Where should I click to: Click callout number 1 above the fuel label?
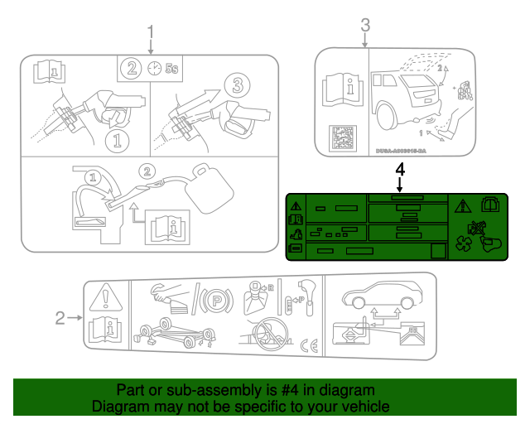click(x=151, y=32)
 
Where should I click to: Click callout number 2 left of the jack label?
click(x=60, y=317)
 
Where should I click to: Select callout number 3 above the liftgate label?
click(x=365, y=26)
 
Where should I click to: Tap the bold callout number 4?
click(x=401, y=170)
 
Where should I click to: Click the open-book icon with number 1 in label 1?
click(x=46, y=72)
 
